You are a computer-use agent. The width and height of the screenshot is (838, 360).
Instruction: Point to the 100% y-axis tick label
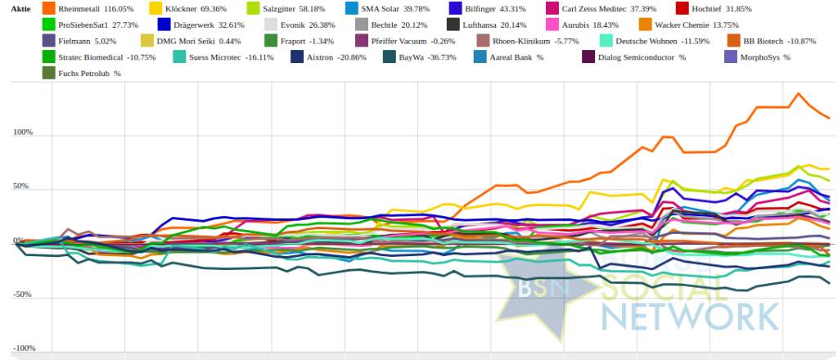(x=23, y=133)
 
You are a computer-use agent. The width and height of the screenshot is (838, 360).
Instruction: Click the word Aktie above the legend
(x=20, y=8)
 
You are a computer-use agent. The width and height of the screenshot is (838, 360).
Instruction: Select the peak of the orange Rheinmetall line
(x=797, y=94)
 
